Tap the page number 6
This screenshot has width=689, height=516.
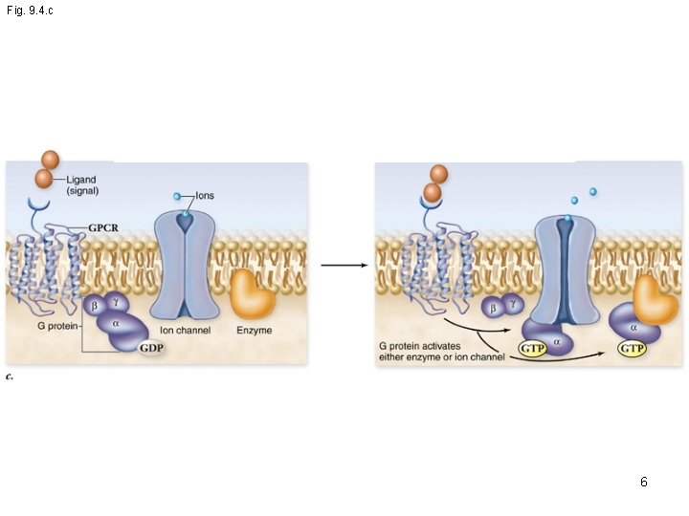644,483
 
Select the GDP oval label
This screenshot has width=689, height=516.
150,348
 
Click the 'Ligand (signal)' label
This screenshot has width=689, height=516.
80,185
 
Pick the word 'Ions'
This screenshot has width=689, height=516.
205,195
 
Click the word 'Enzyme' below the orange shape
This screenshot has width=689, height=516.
253,331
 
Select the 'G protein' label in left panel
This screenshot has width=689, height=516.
58,325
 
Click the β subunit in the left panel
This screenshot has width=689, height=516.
95,307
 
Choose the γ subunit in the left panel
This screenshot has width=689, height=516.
115,302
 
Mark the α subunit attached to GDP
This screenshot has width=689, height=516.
116,325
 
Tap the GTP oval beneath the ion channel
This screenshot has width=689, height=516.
532,349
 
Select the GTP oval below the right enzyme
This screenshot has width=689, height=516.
632,349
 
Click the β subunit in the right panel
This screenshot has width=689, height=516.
492,309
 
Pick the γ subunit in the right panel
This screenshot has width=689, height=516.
513,304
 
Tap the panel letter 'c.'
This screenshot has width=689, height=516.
10,377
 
